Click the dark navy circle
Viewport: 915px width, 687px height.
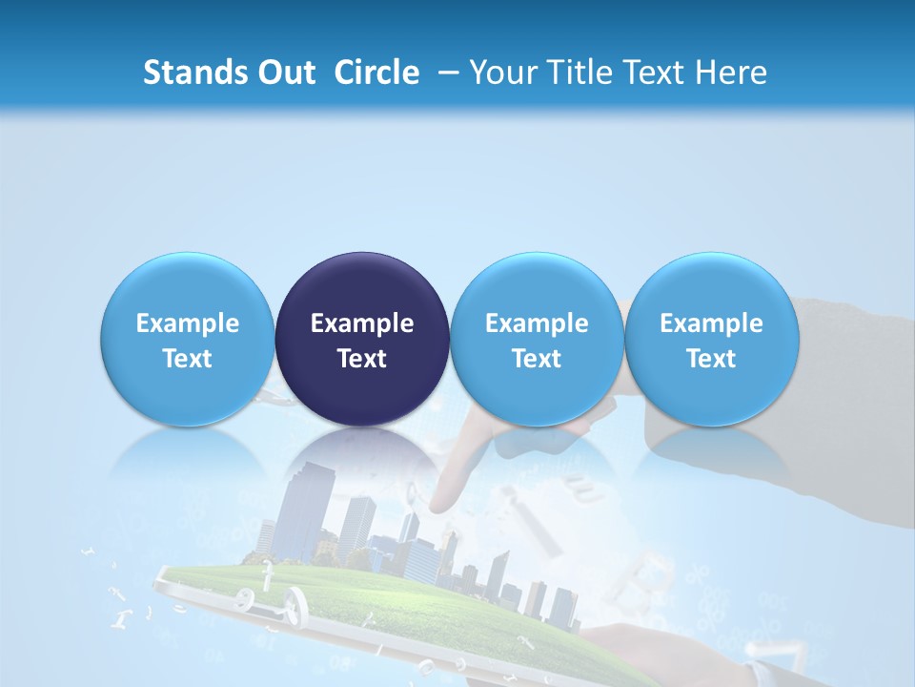[362, 339]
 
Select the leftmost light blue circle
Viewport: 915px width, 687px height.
[188, 339]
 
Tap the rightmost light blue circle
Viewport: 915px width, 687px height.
[711, 339]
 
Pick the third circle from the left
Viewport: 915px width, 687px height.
[537, 339]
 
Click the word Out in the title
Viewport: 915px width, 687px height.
[283, 73]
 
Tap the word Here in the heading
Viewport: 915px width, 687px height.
[733, 73]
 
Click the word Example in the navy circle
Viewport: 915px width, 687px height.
[362, 323]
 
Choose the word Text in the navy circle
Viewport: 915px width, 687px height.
[362, 359]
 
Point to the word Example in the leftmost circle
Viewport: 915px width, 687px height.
[188, 323]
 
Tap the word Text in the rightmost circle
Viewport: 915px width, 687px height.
[711, 359]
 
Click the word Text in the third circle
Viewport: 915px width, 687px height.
[537, 359]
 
